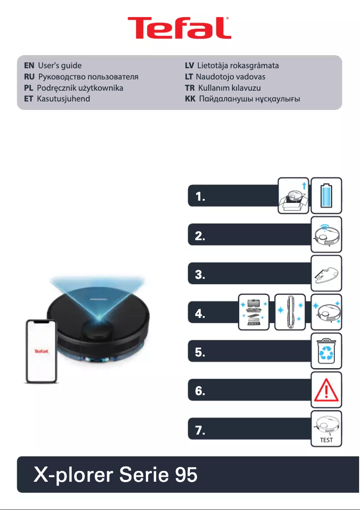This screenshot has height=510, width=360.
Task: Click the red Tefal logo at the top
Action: [x=180, y=28]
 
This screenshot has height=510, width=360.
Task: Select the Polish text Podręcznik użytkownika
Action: [x=80, y=88]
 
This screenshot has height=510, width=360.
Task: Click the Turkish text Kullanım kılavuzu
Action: [x=229, y=88]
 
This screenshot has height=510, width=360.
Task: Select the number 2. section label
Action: [x=200, y=237]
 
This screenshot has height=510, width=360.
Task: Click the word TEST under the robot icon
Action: [x=326, y=440]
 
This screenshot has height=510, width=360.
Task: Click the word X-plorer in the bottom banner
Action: [x=73, y=475]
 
